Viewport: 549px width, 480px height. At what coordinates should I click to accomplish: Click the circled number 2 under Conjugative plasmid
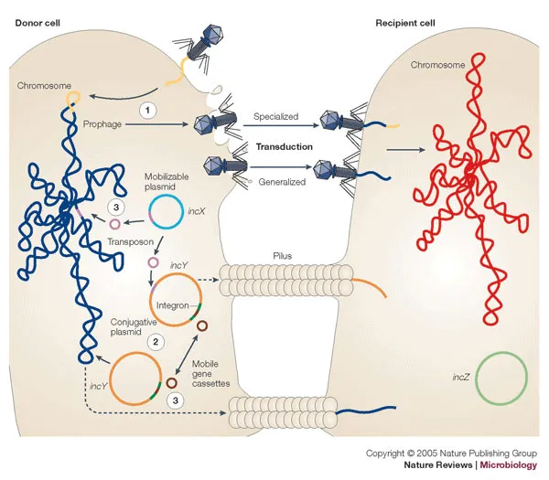[156, 341]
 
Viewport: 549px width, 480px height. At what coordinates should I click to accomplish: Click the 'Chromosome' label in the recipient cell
[437, 65]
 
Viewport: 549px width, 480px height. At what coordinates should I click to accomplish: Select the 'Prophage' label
[102, 123]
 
